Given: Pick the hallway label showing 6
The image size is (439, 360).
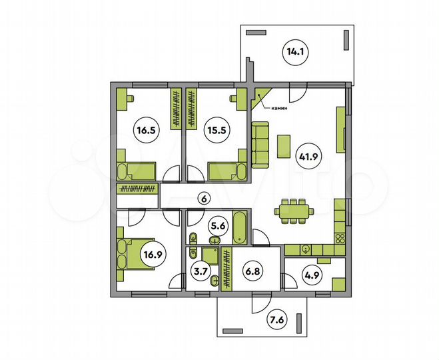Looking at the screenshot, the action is pos(204,199).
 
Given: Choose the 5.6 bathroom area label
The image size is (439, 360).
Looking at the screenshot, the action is pos(218,226).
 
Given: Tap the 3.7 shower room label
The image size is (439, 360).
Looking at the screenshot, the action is pos(201,271).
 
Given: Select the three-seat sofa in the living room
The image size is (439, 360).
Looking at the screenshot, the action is pos(260,145).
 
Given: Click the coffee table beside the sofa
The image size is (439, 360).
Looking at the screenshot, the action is pos(284,146).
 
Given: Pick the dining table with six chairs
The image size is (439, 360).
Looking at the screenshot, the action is pos(294,211).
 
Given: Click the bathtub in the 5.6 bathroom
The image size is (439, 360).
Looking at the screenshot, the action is pos(239,228).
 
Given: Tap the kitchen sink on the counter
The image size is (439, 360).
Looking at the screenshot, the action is pos(306,249).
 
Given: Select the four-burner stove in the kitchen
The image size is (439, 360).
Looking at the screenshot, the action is pos(340,239).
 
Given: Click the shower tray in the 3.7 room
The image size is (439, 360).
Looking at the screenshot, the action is pos(210,256).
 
